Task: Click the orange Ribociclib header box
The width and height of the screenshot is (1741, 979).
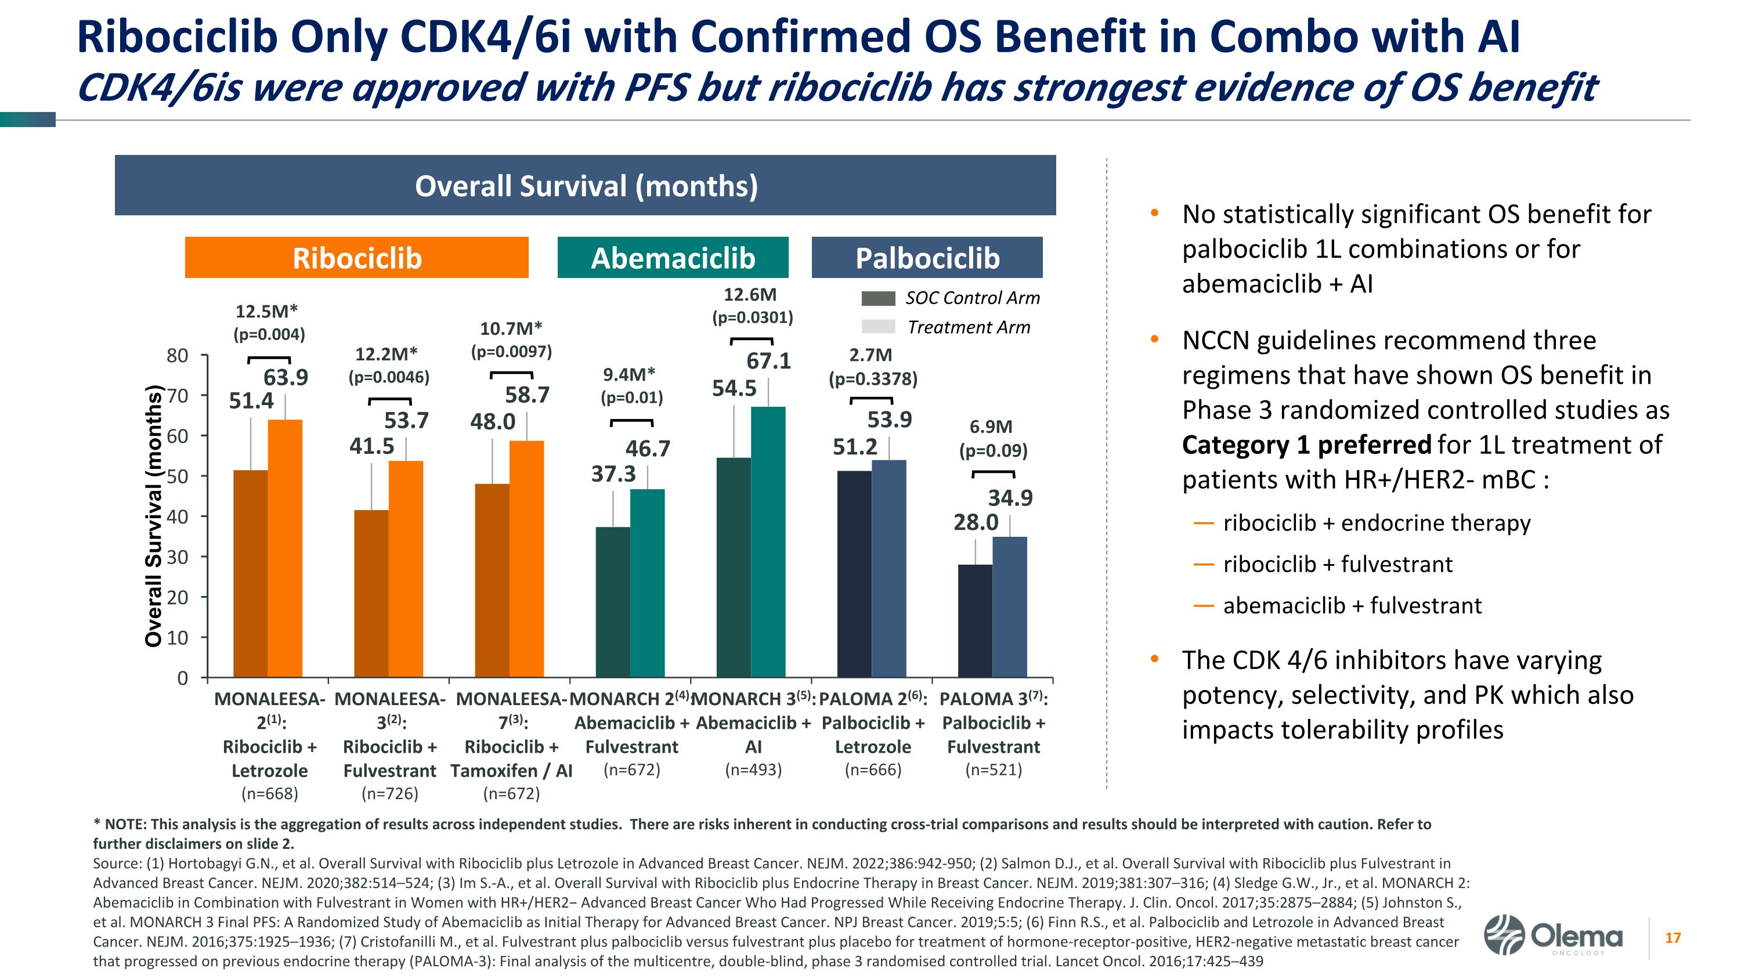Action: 356,258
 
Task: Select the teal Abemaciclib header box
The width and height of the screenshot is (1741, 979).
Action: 673,258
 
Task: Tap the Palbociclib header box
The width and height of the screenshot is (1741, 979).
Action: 927,258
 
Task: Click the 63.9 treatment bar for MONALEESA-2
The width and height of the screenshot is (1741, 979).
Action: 285,547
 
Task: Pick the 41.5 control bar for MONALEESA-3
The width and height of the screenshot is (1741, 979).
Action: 372,593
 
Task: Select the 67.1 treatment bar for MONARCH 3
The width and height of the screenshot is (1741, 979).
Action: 768,540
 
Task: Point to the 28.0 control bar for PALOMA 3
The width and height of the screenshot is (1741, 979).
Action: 976,620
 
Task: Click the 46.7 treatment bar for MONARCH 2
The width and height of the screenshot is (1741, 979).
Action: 647,583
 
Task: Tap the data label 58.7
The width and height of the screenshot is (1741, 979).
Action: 527,395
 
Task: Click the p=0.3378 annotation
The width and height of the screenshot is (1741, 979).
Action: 873,379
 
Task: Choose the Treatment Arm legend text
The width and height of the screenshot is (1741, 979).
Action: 969,328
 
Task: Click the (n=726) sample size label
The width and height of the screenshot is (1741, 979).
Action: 390,793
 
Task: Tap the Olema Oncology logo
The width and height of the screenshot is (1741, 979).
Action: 1552,937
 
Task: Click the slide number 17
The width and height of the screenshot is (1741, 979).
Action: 1673,938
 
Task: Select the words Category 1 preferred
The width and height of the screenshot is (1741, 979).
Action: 1306,445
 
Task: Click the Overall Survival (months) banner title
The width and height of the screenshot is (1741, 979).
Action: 586,186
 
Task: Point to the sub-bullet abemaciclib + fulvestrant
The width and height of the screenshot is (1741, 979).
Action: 1352,605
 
